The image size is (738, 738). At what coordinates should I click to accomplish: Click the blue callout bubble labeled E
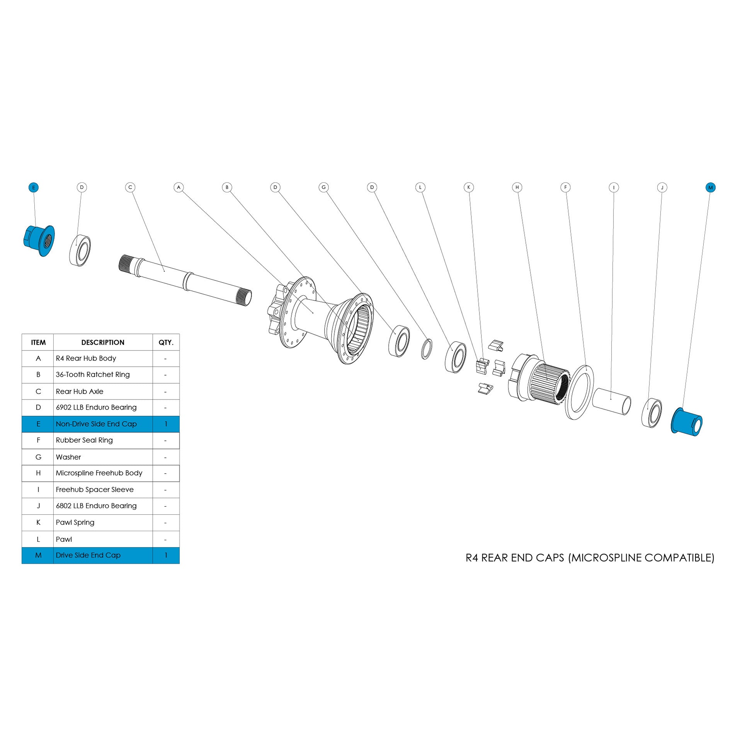pyautogui.click(x=34, y=187)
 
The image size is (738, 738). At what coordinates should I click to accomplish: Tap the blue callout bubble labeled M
pyautogui.click(x=710, y=187)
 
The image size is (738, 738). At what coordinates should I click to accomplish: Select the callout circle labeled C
pyautogui.click(x=130, y=187)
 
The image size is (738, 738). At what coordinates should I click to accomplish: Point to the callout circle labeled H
pyautogui.click(x=517, y=187)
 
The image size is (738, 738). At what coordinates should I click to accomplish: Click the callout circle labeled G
pyautogui.click(x=324, y=187)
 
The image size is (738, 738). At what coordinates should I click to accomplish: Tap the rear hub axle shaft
pyautogui.click(x=185, y=278)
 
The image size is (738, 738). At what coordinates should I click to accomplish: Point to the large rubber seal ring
pyautogui.click(x=579, y=392)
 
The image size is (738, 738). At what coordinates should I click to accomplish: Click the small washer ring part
pyautogui.click(x=426, y=349)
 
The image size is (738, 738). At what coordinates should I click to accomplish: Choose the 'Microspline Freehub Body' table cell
pyautogui.click(x=99, y=473)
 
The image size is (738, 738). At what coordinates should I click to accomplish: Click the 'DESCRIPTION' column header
pyautogui.click(x=103, y=342)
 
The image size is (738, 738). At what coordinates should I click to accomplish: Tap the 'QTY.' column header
pyautogui.click(x=166, y=342)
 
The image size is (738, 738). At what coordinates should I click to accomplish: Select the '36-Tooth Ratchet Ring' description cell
pyautogui.click(x=93, y=374)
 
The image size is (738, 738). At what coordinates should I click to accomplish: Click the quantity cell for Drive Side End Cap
pyautogui.click(x=166, y=555)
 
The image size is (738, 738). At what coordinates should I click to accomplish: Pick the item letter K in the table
pyautogui.click(x=38, y=522)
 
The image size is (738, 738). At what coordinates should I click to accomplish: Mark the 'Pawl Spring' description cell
pyautogui.click(x=75, y=522)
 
